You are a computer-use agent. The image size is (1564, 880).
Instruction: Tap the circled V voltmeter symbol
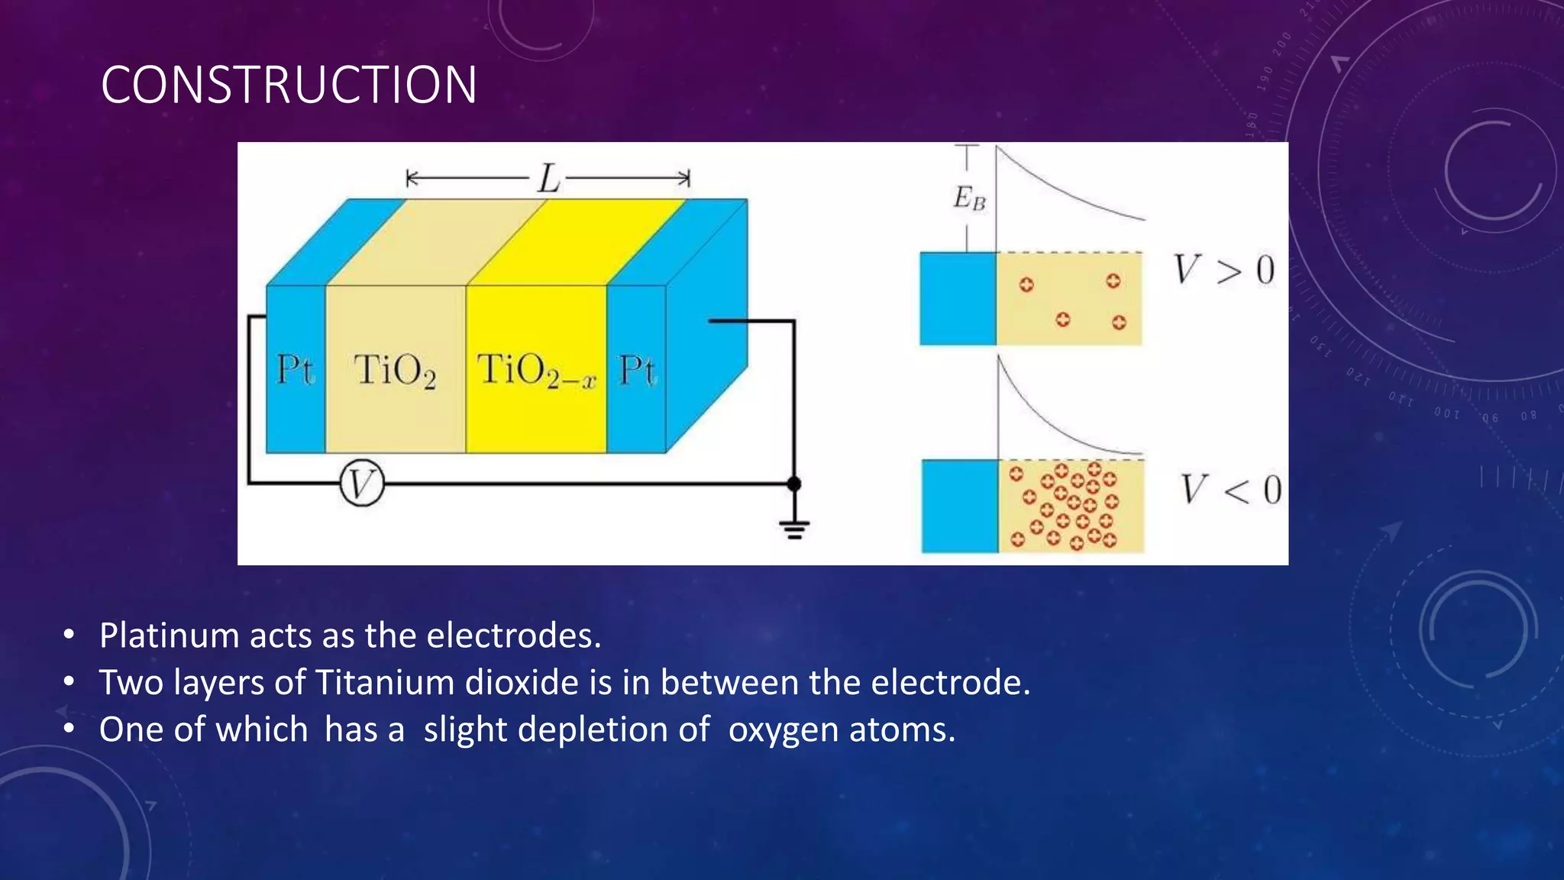coord(361,484)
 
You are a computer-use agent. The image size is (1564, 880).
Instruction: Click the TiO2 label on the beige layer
coord(395,371)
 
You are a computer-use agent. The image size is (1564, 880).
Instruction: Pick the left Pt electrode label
coord(295,370)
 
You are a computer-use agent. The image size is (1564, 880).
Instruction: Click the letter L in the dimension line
coord(548,180)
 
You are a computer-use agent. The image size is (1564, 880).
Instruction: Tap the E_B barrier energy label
coord(969,199)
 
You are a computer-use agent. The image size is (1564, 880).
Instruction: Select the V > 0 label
coord(1224,270)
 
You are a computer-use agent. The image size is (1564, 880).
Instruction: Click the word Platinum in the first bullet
coord(169,636)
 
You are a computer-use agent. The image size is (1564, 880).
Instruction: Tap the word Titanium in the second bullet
coord(385,682)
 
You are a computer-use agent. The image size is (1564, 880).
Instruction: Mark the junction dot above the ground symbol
coord(794,484)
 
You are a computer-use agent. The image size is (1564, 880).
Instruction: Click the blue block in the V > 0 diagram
coord(958,299)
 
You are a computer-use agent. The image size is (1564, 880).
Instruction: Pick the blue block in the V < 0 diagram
coord(960,506)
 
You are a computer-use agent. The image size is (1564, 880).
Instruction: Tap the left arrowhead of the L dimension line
coord(411,180)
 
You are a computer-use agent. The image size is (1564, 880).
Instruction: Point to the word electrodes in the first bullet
coord(513,636)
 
